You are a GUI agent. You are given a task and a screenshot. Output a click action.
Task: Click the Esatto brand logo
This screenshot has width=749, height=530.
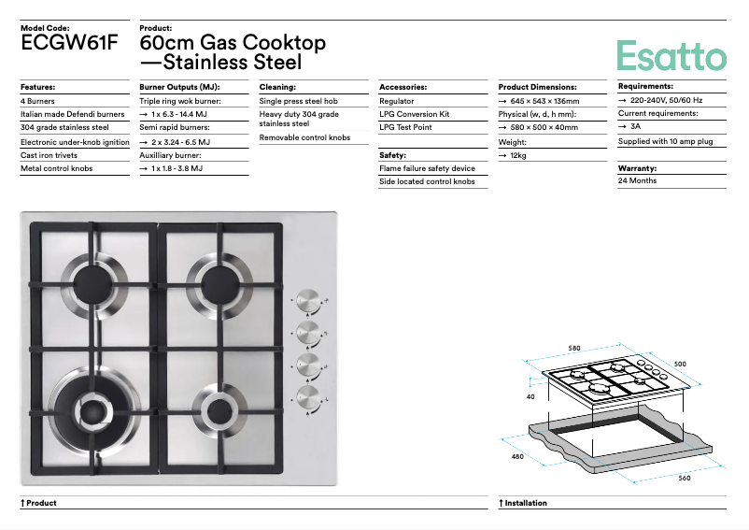671,55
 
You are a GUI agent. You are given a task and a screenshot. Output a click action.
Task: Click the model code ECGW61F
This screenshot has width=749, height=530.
69,43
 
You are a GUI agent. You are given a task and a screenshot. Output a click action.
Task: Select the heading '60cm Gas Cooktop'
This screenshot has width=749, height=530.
233,43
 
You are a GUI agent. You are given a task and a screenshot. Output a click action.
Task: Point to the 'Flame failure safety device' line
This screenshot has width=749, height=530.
427,168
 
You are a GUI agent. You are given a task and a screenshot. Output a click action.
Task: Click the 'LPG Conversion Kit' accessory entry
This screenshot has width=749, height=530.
414,114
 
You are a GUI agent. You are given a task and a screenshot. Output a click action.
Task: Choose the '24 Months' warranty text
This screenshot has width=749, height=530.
637,180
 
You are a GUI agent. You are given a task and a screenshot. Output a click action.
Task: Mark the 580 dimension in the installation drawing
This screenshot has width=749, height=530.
573,349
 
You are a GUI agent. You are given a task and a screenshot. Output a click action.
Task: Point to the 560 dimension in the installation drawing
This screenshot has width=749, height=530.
684,478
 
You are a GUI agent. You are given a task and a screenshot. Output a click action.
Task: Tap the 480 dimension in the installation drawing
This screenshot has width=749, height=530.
517,456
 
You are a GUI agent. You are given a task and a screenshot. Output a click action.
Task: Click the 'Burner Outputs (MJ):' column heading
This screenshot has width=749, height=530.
179,87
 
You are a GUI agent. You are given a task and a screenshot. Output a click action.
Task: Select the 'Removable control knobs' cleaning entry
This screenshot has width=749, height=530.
304,137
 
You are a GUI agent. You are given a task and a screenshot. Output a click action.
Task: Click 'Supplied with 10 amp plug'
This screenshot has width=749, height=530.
665,141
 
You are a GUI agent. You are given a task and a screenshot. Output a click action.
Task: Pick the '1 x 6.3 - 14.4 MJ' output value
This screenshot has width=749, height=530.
178,114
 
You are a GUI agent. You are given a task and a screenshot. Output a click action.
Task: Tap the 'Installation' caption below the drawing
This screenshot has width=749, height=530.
526,503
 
